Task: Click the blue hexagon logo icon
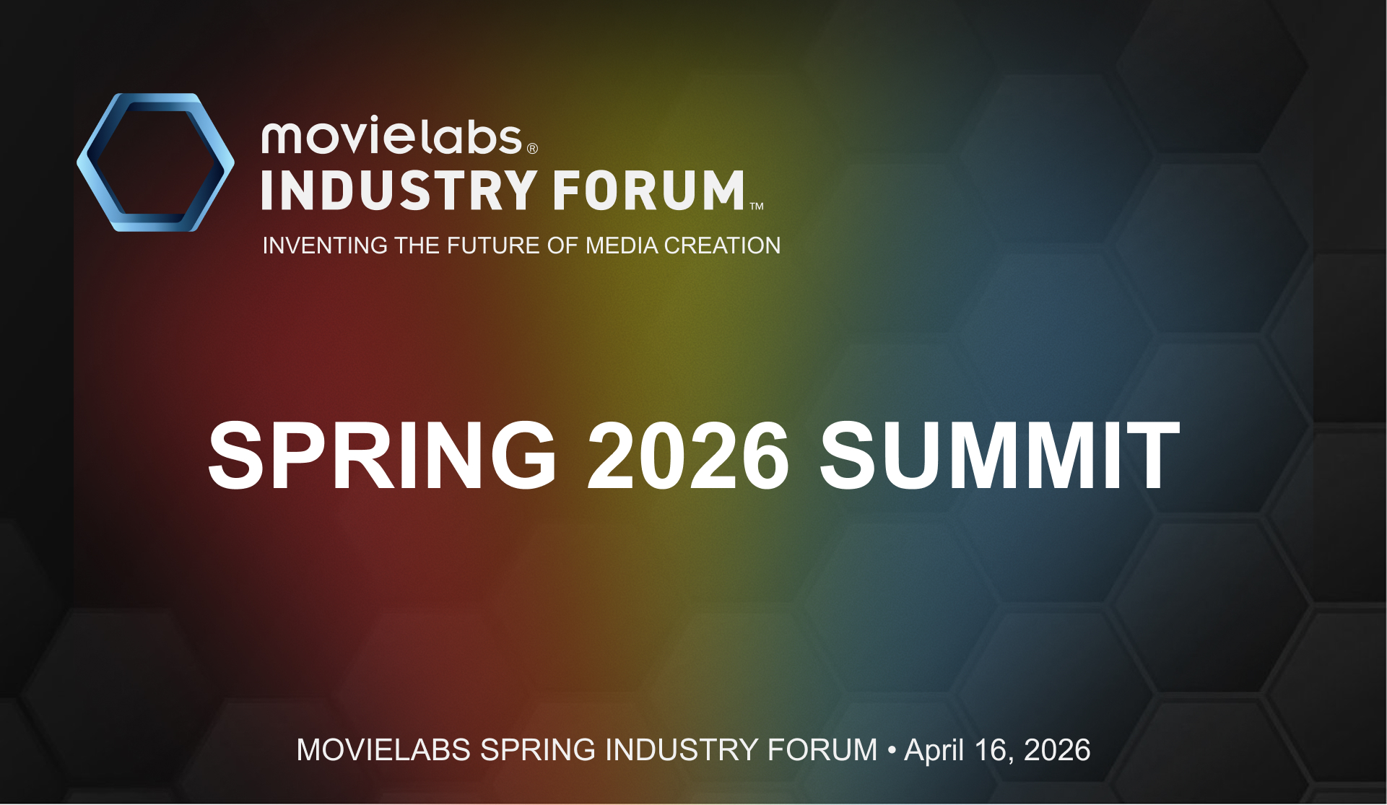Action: point(155,162)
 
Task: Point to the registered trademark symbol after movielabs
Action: point(532,149)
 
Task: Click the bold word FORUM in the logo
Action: point(648,191)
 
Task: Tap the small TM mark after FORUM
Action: point(756,206)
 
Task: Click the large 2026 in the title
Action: point(688,457)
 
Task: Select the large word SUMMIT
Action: point(999,457)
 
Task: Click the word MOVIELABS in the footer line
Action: point(383,750)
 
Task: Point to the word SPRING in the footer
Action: point(538,750)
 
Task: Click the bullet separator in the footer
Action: point(892,751)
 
